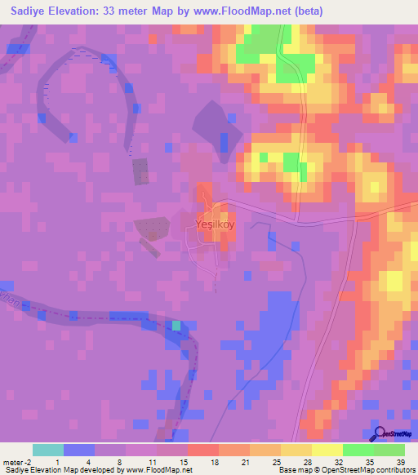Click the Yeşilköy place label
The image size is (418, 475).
pyautogui.click(x=216, y=222)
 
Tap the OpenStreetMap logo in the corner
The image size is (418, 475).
pyautogui.click(x=395, y=435)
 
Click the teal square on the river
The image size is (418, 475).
pyautogui.click(x=176, y=326)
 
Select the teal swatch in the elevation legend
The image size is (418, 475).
pyautogui.click(x=47, y=450)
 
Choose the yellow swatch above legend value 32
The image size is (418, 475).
pyautogui.click(x=327, y=450)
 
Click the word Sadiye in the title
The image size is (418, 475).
pyautogui.click(x=24, y=11)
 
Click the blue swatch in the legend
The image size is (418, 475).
pyautogui.click(x=78, y=450)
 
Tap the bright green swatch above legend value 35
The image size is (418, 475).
pyautogui.click(x=358, y=450)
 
